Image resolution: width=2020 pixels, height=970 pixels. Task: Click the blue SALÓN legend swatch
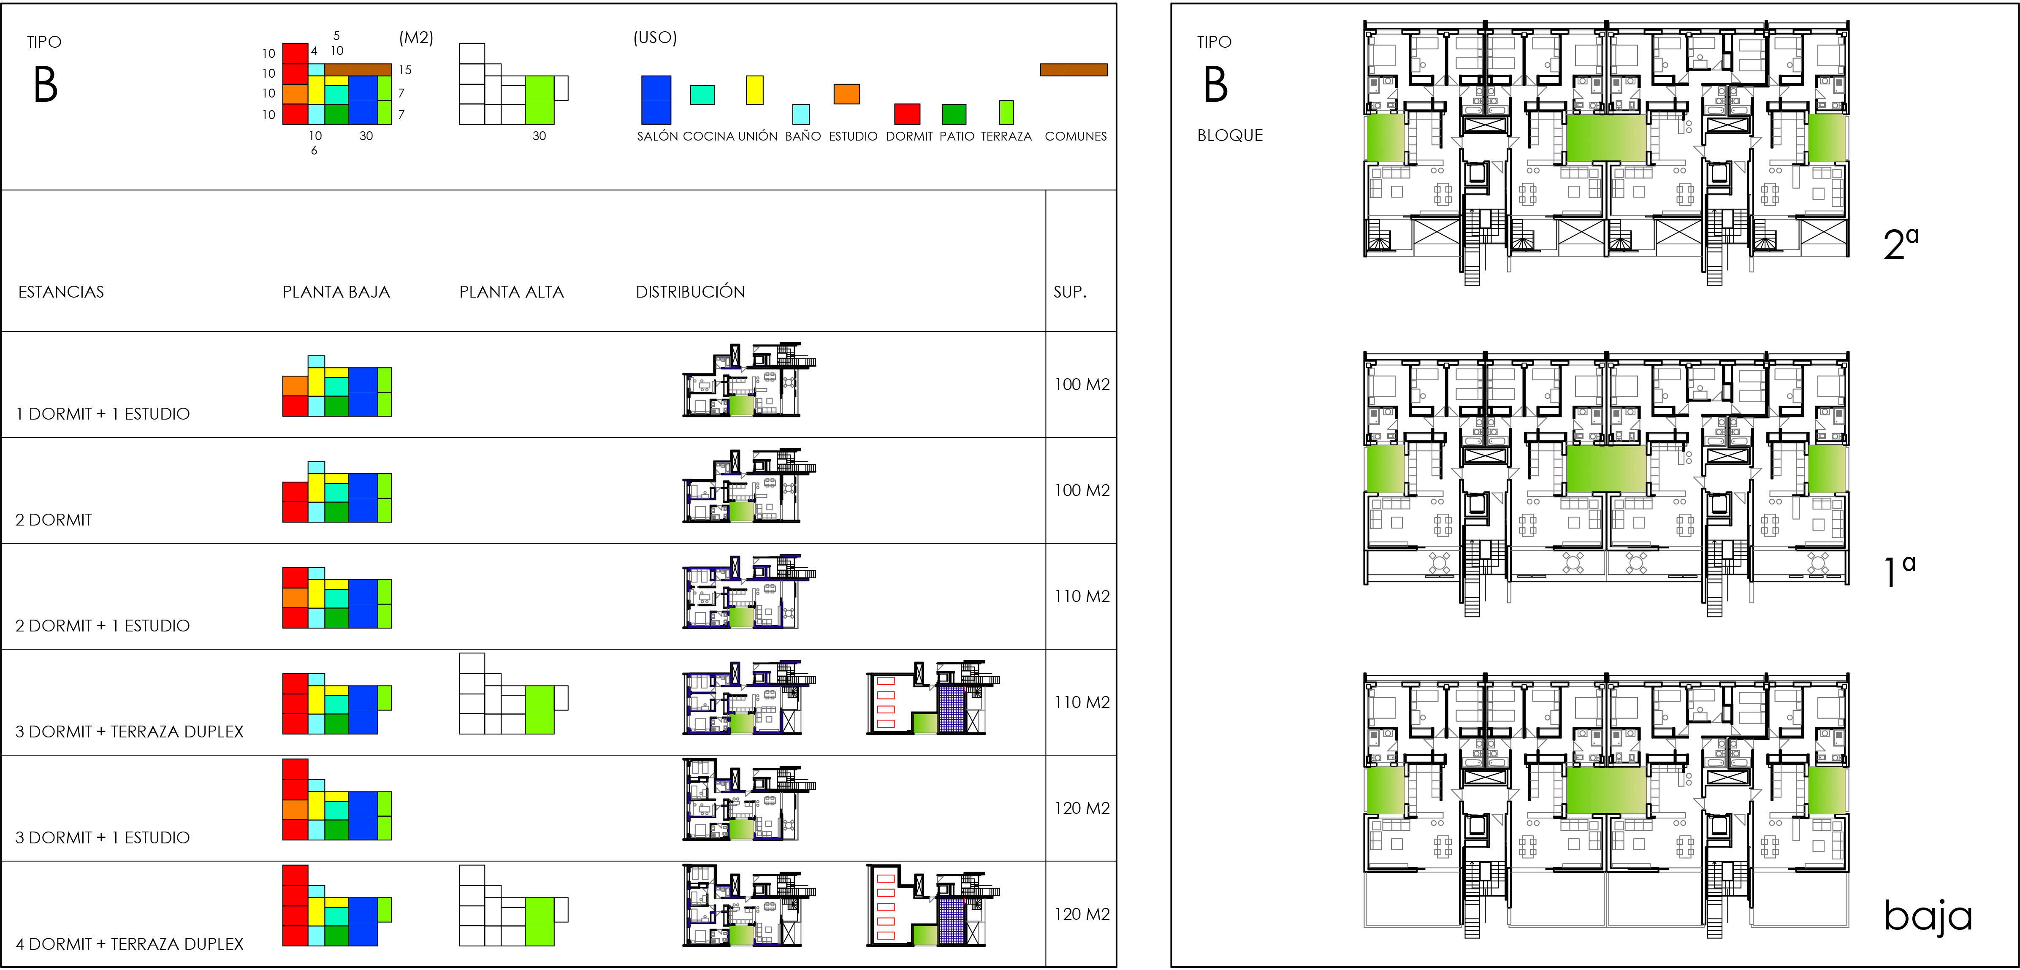pyautogui.click(x=656, y=100)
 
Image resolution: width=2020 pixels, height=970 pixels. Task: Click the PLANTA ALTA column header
pyautogui.click(x=511, y=292)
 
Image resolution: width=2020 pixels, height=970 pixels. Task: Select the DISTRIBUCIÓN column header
pyautogui.click(x=690, y=292)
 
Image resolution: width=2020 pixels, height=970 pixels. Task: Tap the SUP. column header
pyautogui.click(x=1070, y=292)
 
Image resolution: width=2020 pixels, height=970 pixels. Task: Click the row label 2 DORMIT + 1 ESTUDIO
pyautogui.click(x=103, y=626)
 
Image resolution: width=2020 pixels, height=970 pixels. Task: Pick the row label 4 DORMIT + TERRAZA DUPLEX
pyautogui.click(x=129, y=944)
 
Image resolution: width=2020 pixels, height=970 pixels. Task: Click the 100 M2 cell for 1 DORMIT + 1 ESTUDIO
pyautogui.click(x=1082, y=384)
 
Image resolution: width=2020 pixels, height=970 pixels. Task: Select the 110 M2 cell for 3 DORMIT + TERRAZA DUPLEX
pyautogui.click(x=1082, y=702)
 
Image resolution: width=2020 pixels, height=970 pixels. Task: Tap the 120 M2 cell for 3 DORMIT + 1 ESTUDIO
pyautogui.click(x=1082, y=807)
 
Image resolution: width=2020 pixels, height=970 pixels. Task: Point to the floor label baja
pyautogui.click(x=1928, y=916)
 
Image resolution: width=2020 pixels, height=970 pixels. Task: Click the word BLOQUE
pyautogui.click(x=1230, y=135)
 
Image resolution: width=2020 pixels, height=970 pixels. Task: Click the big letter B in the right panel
pyautogui.click(x=1215, y=85)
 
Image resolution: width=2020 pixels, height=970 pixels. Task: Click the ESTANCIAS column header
pyautogui.click(x=61, y=292)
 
